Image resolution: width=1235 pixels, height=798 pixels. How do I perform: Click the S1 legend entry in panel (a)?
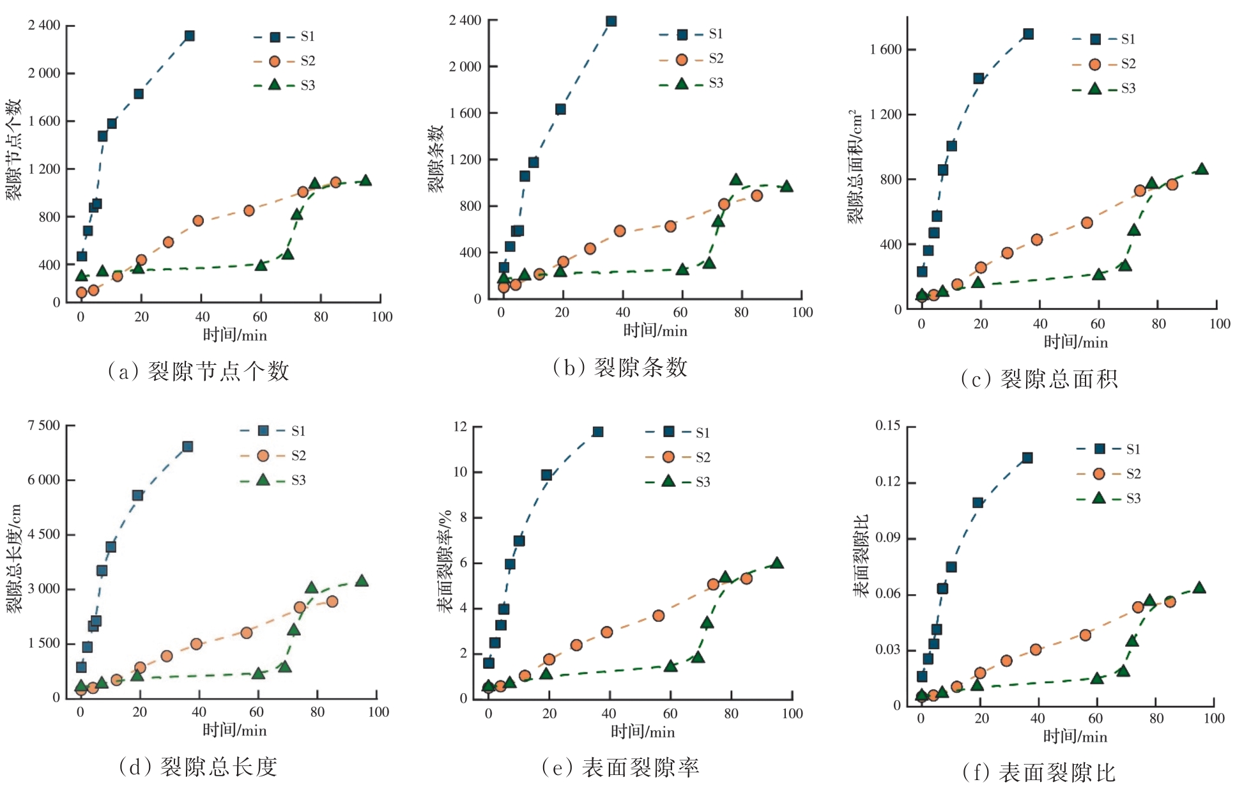pos(284,36)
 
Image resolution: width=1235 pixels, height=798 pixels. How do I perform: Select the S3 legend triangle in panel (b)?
pos(682,83)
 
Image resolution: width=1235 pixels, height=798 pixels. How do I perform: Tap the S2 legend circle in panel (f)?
pos(1099,473)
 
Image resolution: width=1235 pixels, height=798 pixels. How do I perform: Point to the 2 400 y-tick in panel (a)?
pos(44,26)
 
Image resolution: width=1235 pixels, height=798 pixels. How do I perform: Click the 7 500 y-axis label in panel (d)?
pos(43,426)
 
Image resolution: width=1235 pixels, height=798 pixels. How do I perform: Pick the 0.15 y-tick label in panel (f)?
pos(887,426)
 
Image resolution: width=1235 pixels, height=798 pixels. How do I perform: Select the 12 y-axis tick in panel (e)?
pos(460,427)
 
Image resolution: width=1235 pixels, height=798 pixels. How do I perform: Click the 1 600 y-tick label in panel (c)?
pos(885,50)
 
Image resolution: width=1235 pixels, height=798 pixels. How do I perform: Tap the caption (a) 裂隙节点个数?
pos(199,371)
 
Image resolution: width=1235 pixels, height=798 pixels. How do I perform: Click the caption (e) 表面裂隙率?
pos(620,767)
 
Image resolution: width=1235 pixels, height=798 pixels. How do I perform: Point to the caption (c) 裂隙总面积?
pos(1039,380)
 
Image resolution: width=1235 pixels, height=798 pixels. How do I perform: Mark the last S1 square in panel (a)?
pos(190,36)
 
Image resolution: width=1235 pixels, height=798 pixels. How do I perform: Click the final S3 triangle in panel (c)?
pos(1202,169)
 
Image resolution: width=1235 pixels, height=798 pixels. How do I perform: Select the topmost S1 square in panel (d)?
pos(188,447)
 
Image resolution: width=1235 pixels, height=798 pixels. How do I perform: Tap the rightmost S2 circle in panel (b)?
pos(757,196)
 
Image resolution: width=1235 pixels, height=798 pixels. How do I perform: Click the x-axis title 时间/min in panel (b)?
pos(655,331)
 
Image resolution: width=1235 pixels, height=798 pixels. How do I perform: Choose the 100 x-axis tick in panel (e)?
pos(792,714)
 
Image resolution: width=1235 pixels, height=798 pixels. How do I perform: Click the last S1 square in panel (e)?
pos(598,432)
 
